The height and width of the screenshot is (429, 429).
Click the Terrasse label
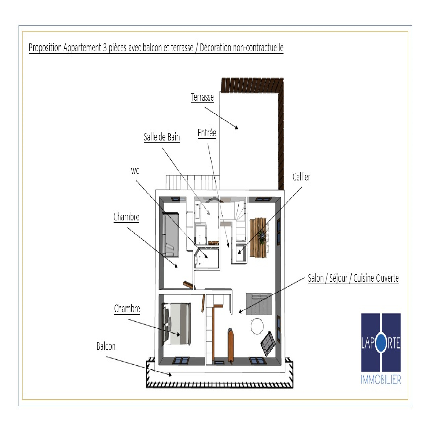(202, 97)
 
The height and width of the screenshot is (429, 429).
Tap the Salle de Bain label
(162, 137)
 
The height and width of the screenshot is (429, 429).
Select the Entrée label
(207, 133)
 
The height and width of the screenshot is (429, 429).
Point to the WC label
(135, 171)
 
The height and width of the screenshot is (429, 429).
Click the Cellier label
(301, 177)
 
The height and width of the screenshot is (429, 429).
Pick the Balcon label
(106, 346)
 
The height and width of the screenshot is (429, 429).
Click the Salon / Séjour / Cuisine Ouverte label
(353, 278)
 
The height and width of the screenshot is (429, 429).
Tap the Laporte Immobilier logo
(381, 349)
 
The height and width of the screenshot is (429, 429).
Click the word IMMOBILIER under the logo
(381, 380)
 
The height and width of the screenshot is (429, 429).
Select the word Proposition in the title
(45, 48)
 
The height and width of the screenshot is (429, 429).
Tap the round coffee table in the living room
(257, 326)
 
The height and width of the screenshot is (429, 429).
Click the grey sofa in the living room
(259, 304)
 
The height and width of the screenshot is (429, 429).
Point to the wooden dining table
(258, 238)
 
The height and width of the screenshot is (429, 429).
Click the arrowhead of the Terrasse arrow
(236, 127)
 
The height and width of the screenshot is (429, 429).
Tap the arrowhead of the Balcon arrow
(170, 375)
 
